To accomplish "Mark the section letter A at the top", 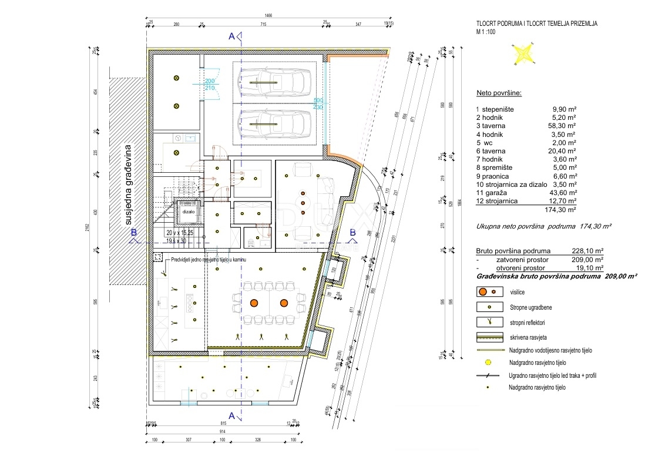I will (x=232, y=36).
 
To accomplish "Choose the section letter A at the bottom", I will (x=232, y=416).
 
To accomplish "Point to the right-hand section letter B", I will (x=352, y=232).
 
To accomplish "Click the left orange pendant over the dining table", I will (x=254, y=303).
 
